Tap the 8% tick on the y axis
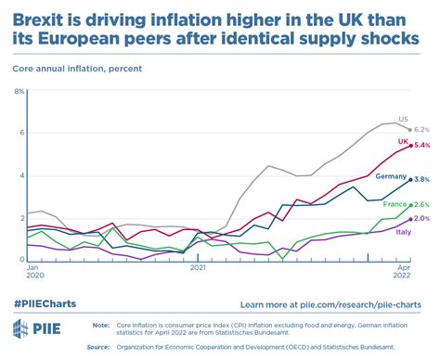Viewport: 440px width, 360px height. [x=18, y=90]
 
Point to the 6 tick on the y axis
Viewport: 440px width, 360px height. [x=19, y=133]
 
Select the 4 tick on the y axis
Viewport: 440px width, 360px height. [x=19, y=175]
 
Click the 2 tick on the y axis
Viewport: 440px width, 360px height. [x=19, y=218]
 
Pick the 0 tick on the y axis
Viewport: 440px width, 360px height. [x=19, y=260]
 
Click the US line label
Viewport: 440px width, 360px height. [x=403, y=120]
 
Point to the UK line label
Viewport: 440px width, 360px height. [x=404, y=141]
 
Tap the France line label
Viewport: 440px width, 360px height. [x=394, y=203]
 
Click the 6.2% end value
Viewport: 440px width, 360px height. [x=421, y=129]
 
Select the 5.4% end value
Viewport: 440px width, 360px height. [x=421, y=146]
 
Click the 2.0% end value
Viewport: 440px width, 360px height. [x=421, y=218]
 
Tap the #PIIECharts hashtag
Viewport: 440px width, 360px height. [x=45, y=303]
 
